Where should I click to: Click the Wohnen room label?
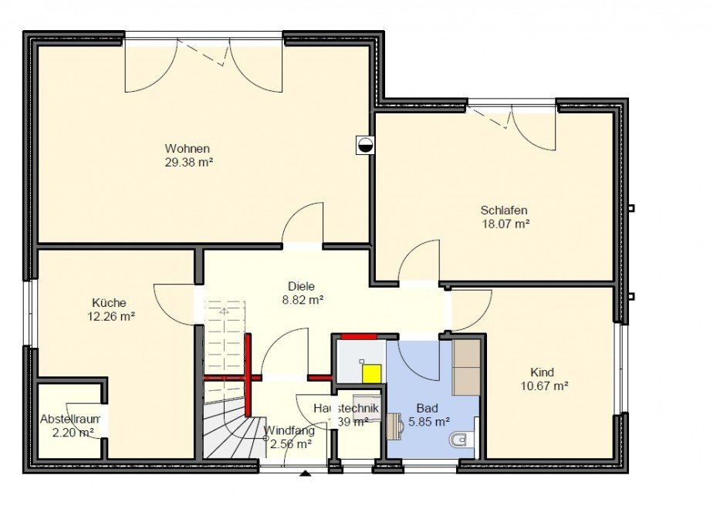(188, 149)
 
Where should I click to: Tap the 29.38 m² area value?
(188, 163)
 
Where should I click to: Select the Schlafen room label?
(503, 210)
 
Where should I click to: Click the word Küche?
(108, 303)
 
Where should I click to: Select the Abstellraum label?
(70, 419)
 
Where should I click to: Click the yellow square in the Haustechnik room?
(372, 372)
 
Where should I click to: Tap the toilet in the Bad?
(458, 441)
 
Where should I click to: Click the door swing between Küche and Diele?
(171, 303)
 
